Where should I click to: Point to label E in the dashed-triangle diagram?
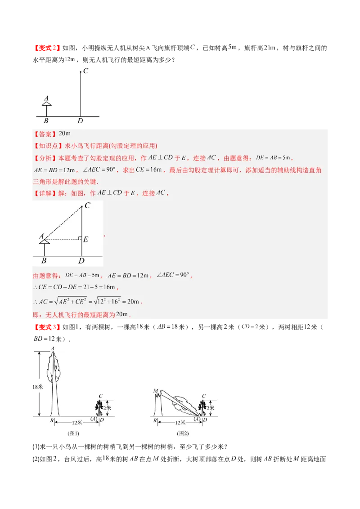(x=85, y=239)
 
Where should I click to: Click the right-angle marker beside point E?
(x=80, y=237)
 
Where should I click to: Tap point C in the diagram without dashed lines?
(x=81, y=71)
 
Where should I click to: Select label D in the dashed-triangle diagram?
(x=81, y=261)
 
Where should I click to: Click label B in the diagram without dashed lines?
(x=46, y=121)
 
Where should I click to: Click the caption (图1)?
(x=73, y=433)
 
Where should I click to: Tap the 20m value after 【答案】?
(x=65, y=134)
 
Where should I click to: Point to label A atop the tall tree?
(x=53, y=348)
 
